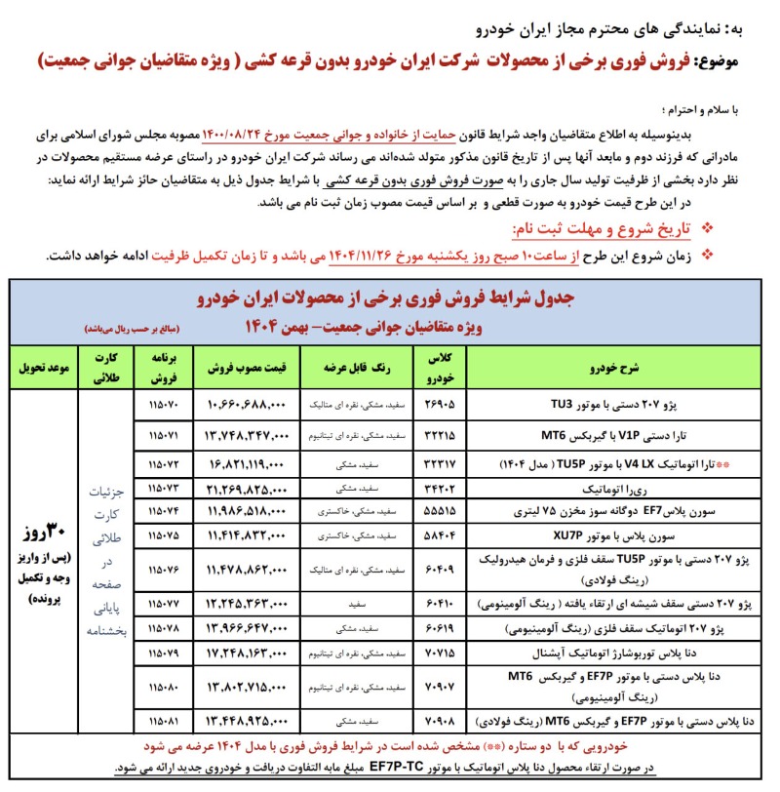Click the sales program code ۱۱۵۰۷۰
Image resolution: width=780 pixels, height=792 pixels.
(x=164, y=401)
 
